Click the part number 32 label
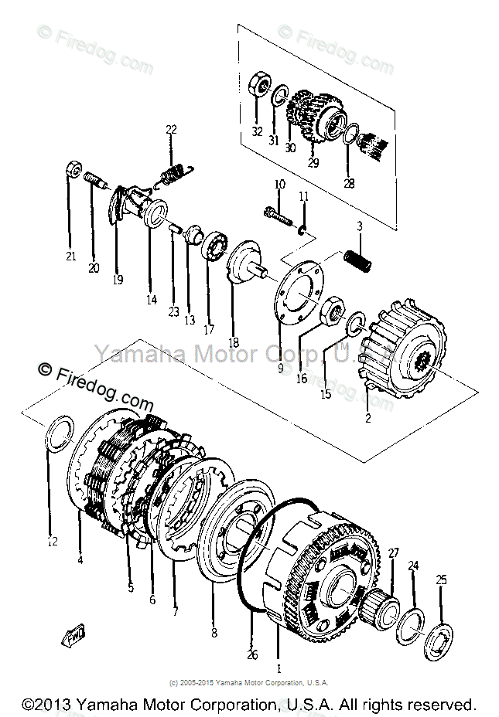(257, 132)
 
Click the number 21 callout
(70, 256)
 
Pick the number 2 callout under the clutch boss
(368, 419)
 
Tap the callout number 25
(442, 579)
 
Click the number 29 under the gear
(313, 163)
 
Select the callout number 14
(151, 300)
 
